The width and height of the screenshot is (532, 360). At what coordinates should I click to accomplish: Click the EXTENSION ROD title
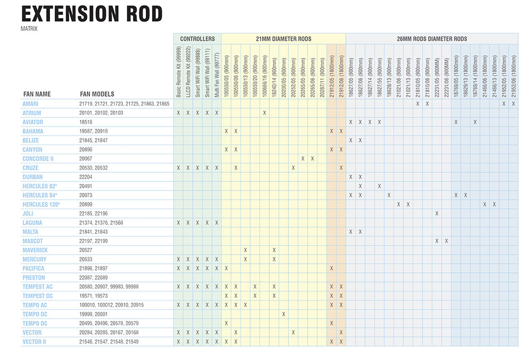click(92, 14)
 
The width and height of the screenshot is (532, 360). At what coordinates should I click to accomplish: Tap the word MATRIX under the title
click(29, 29)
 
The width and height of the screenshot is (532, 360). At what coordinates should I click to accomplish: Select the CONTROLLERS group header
click(197, 39)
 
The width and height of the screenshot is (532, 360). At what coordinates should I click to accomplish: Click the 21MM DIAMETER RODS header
click(284, 39)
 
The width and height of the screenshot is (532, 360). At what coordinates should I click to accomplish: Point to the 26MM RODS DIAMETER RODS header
click(432, 39)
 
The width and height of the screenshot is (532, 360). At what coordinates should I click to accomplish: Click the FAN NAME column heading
click(37, 94)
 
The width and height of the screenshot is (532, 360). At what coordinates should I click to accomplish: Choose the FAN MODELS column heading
click(97, 94)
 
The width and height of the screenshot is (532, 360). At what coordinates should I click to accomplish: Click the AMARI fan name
click(30, 104)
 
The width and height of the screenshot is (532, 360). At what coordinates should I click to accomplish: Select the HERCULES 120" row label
click(41, 204)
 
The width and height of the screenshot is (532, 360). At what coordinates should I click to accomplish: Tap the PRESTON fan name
click(34, 278)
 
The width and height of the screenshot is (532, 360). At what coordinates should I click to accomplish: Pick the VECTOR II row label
click(34, 342)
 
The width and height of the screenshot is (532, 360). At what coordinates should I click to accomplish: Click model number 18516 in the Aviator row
click(86, 122)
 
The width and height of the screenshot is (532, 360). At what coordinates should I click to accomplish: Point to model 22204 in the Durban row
click(86, 177)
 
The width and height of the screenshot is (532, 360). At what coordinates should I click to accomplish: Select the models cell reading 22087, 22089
click(94, 278)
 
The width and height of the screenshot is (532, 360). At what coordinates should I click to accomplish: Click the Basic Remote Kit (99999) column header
click(178, 72)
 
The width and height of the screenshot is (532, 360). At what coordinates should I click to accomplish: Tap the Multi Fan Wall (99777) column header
click(217, 75)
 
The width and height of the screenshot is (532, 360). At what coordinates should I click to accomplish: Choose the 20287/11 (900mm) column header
click(322, 78)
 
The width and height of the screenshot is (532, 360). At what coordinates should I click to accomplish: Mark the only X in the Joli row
click(437, 214)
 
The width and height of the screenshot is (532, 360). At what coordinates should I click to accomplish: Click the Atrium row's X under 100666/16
click(264, 113)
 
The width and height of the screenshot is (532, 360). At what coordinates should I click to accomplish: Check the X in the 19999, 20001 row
click(284, 314)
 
